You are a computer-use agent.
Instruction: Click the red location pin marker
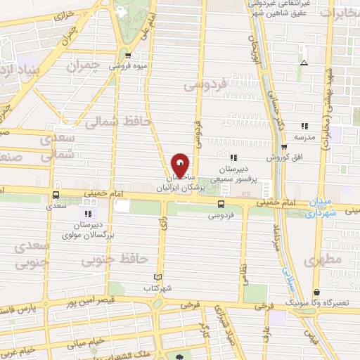point(181,165)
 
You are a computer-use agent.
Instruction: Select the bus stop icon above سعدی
point(55,196)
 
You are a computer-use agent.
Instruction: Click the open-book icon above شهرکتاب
point(157,277)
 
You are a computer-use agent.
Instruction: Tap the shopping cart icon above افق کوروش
point(284,148)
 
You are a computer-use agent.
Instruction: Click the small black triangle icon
point(303,63)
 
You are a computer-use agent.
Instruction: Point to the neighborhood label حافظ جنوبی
point(106,262)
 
